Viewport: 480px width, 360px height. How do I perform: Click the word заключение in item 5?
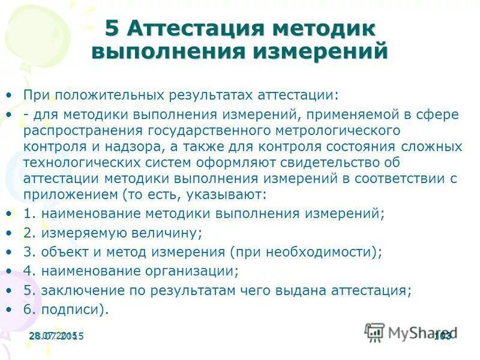tap(76, 290)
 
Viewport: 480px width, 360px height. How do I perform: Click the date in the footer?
tap(56, 336)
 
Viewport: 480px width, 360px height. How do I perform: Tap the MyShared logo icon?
tap(374, 332)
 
